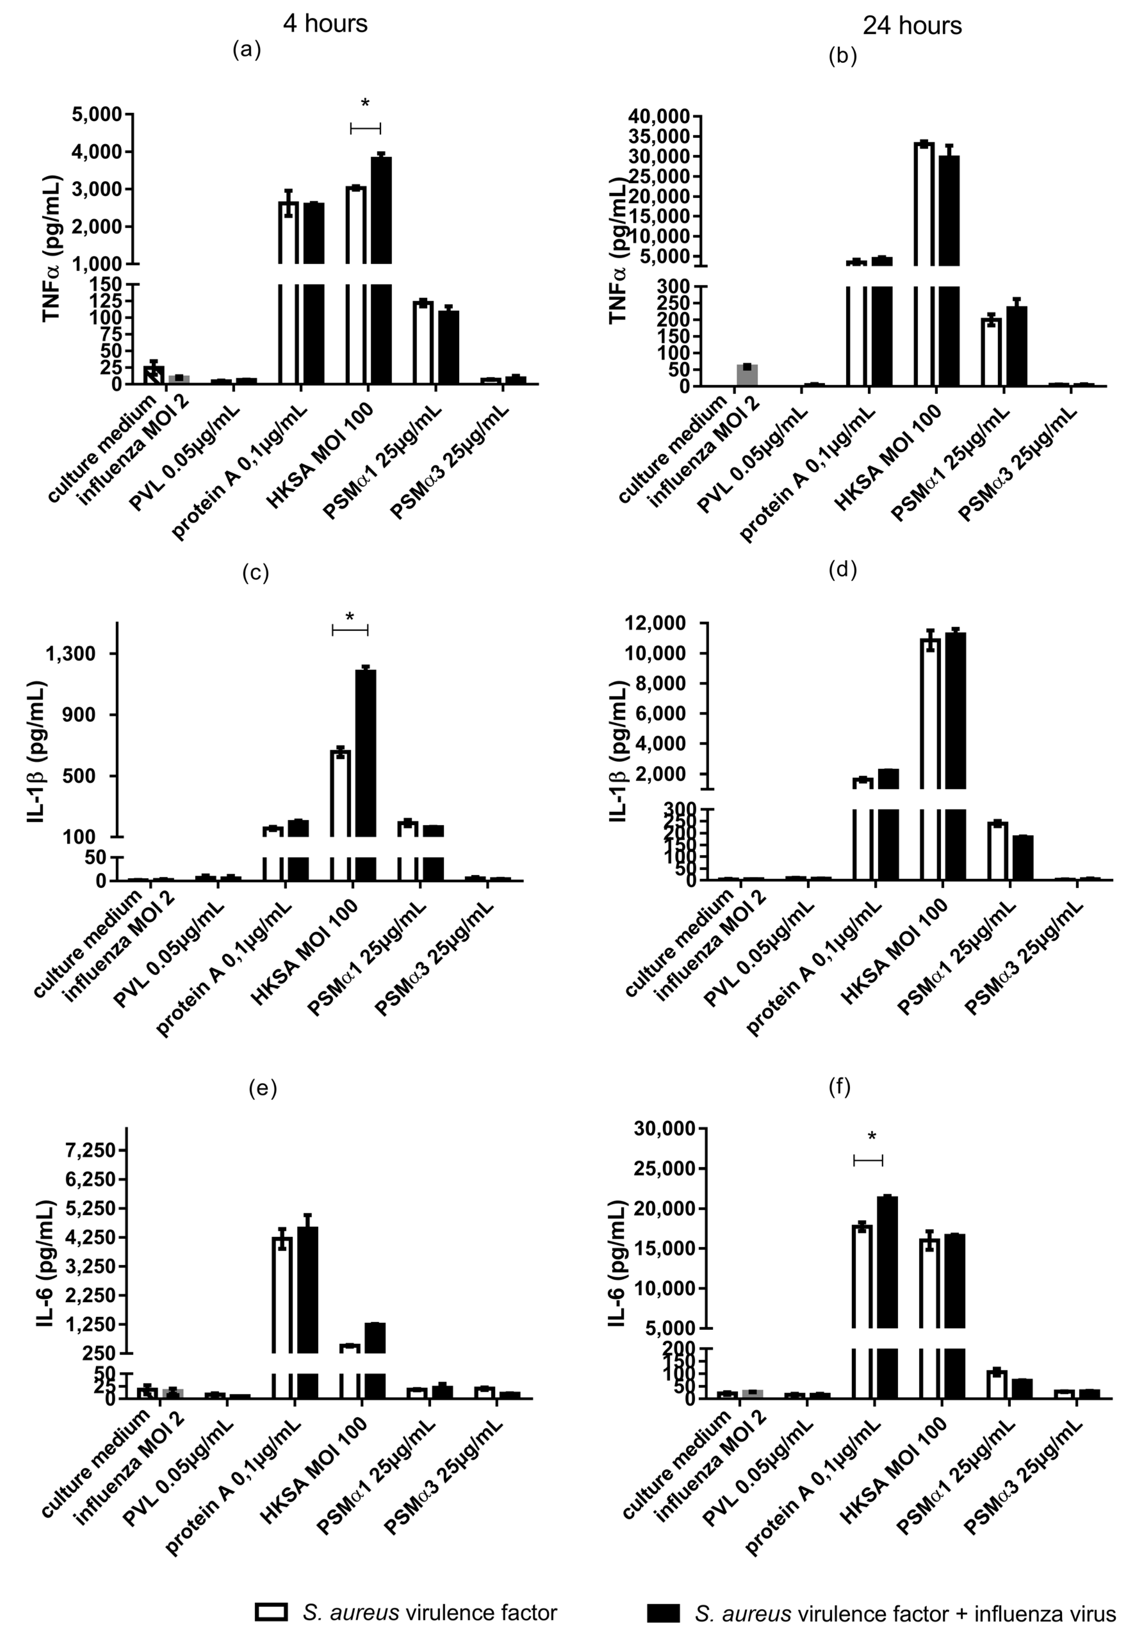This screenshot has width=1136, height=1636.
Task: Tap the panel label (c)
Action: click(x=256, y=573)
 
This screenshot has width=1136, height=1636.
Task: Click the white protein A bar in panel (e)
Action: click(x=282, y=1289)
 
